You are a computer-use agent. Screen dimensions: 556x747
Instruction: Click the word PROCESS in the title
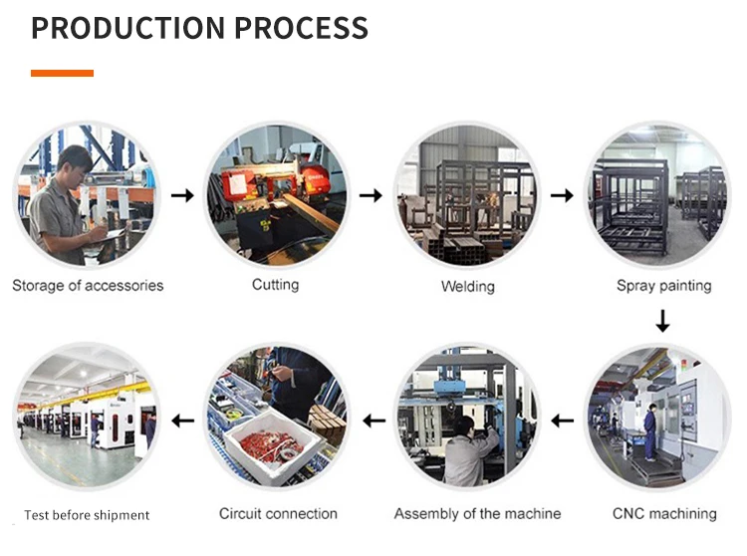click(301, 27)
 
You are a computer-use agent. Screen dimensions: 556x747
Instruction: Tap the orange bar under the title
click(62, 73)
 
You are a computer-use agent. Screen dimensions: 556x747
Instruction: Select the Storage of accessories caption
click(88, 286)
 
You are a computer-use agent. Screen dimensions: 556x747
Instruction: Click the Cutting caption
click(275, 285)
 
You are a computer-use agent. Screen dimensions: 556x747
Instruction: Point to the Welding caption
click(468, 287)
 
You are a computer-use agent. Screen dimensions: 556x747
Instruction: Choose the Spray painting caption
click(663, 286)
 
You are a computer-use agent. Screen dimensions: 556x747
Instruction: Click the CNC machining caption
click(664, 514)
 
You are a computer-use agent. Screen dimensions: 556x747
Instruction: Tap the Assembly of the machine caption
click(477, 514)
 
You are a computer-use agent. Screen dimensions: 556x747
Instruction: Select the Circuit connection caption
click(278, 514)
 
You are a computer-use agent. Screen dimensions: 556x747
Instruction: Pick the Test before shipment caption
click(87, 515)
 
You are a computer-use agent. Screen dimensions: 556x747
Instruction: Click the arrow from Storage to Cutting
click(182, 195)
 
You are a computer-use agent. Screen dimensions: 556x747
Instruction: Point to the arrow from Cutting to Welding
click(371, 195)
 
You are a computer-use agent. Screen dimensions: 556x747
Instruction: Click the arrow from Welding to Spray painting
click(562, 195)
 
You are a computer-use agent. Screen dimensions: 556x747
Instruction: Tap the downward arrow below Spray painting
click(662, 322)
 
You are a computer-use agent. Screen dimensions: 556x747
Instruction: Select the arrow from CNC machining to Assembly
click(562, 421)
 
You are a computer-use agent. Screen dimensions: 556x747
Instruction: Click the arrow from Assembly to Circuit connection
click(373, 421)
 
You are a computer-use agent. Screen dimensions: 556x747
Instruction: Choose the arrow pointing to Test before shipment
click(182, 421)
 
